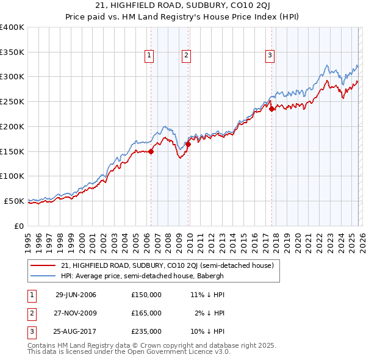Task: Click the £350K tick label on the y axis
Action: pyautogui.click(x=12, y=52)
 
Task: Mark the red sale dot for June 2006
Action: pyautogui.click(x=151, y=152)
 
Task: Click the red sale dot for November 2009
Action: pyautogui.click(x=188, y=145)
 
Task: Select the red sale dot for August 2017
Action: pyautogui.click(x=271, y=109)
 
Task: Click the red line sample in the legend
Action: pyautogui.click(x=43, y=265)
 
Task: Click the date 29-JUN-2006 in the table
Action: pyautogui.click(x=76, y=295)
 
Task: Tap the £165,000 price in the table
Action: pyautogui.click(x=146, y=313)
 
